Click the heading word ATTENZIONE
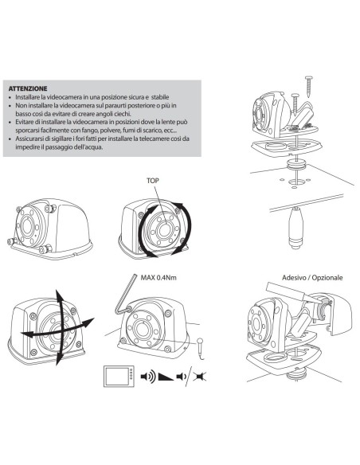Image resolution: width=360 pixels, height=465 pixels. pyautogui.click(x=28, y=88)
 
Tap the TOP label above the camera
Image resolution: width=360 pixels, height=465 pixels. pyautogui.click(x=152, y=180)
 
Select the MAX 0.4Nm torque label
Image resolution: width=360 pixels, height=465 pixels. pyautogui.click(x=158, y=278)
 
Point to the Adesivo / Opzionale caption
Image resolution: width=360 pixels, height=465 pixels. pyautogui.click(x=312, y=278)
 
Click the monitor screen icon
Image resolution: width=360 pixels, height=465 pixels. pyautogui.click(x=119, y=377)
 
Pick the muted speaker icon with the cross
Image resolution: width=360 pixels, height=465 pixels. pyautogui.click(x=199, y=377)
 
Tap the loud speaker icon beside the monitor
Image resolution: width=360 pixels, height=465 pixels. pyautogui.click(x=147, y=377)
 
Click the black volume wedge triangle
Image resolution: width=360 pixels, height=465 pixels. pyautogui.click(x=166, y=377)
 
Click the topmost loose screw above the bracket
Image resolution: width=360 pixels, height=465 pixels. pyautogui.click(x=309, y=86)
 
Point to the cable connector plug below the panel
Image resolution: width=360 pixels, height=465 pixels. pyautogui.click(x=295, y=228)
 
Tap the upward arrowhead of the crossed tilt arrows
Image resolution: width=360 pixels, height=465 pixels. pyautogui.click(x=58, y=295)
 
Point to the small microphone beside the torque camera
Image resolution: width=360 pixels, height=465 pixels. pyautogui.click(x=200, y=348)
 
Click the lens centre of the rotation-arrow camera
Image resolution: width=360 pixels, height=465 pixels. pyautogui.click(x=164, y=229)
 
